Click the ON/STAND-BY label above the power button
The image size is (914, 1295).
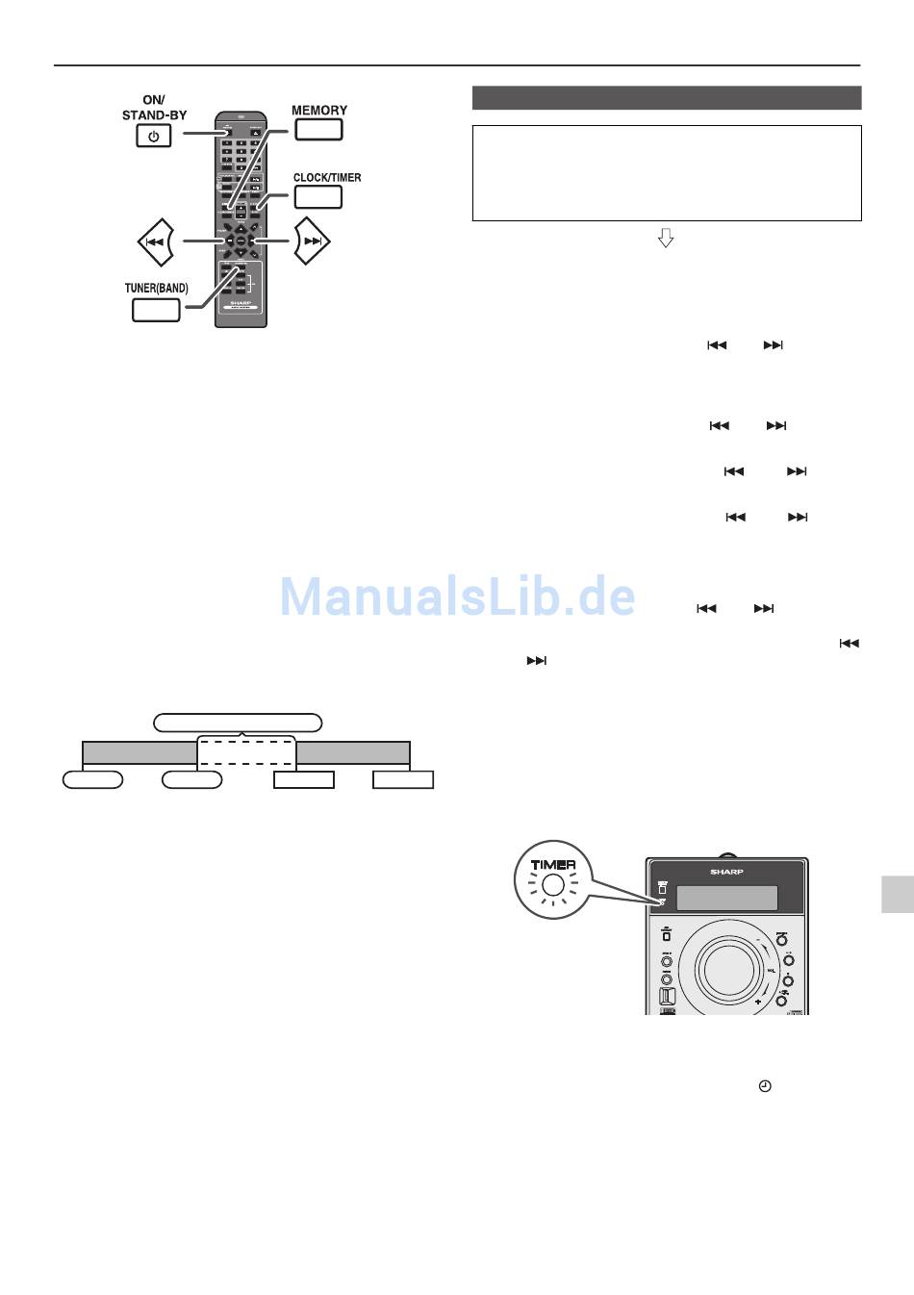pos(154,108)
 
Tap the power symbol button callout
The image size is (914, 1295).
pos(154,136)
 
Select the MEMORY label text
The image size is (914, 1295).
pos(319,110)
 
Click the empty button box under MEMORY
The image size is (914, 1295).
pos(319,130)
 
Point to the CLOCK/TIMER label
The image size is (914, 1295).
pos(327,177)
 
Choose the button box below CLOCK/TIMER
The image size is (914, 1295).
pos(318,196)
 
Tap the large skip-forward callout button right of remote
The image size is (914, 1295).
pos(311,241)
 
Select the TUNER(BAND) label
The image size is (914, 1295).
pos(156,288)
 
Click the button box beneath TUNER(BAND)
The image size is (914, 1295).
pos(156,310)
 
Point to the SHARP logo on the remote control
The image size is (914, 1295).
pos(240,302)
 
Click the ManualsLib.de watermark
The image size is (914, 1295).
pos(458,597)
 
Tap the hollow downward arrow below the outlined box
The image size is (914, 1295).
pos(665,238)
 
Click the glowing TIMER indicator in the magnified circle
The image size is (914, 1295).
pos(552,886)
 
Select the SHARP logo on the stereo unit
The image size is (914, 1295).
pos(726,872)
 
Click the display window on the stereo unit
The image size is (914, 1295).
pos(726,898)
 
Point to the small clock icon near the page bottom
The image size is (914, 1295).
pos(765,1086)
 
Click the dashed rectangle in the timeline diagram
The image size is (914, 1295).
pos(246,751)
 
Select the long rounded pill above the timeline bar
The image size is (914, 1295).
pos(238,723)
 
